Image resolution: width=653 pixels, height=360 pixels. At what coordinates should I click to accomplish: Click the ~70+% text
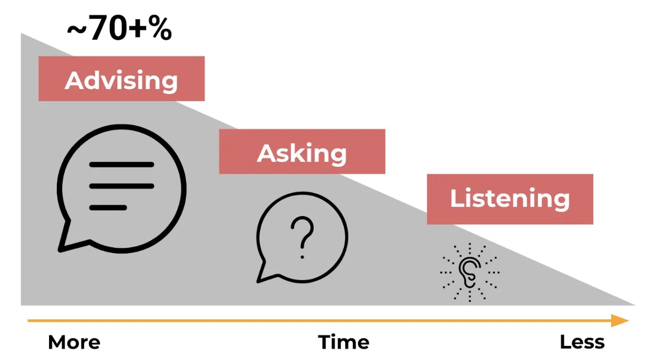[x=119, y=30]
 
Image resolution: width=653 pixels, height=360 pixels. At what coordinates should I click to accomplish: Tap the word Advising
[x=121, y=80]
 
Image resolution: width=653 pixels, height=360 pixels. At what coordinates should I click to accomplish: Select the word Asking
[x=301, y=153]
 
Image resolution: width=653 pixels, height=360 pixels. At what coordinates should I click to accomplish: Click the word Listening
[x=510, y=199]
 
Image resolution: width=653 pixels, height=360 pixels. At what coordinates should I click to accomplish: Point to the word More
[x=74, y=343]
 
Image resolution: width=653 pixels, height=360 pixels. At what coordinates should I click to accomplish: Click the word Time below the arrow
[x=344, y=343]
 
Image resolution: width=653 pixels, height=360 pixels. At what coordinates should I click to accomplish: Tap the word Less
[x=582, y=343]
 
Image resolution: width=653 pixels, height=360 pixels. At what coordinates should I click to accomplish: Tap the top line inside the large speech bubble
[x=122, y=165]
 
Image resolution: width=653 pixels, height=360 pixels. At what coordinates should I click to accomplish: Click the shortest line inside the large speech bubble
[x=108, y=208]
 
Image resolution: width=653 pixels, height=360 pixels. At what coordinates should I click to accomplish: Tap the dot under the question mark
[x=301, y=256]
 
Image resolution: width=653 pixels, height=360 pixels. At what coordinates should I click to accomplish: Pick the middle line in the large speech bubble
[x=122, y=186]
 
